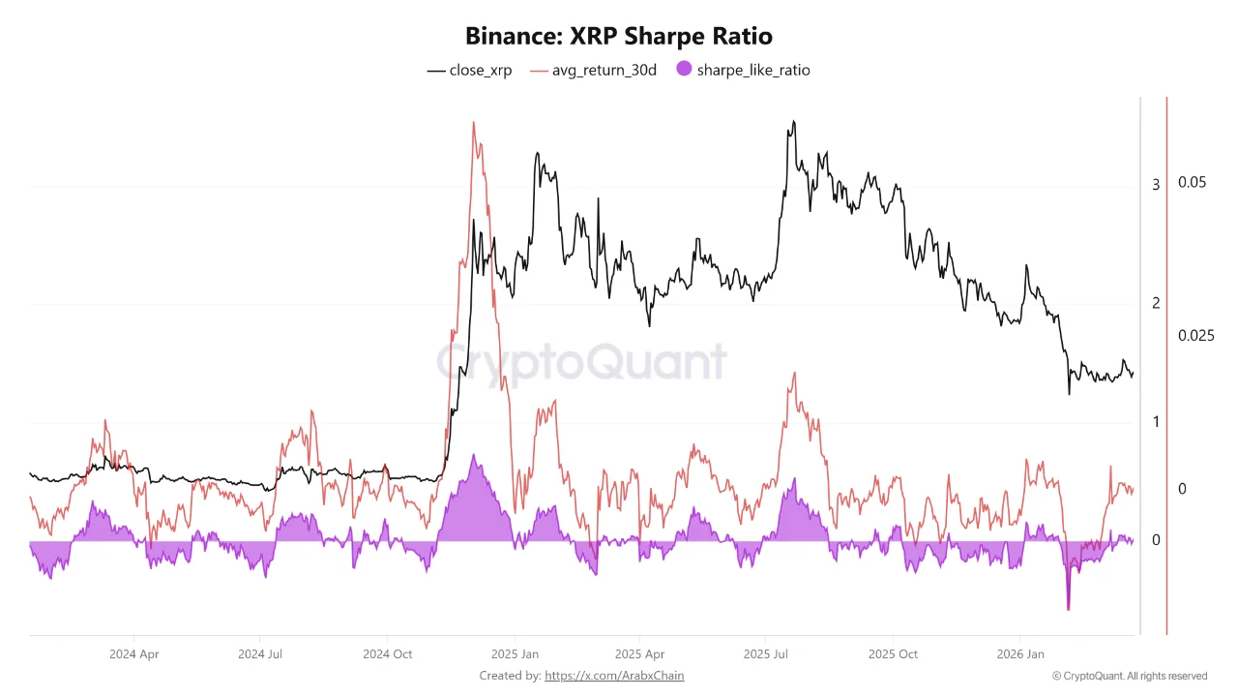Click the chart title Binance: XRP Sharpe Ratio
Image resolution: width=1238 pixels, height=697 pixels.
coord(619,37)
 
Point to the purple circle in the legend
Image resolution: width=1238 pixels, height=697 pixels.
coord(684,70)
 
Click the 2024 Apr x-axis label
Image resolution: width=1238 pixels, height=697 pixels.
coord(134,653)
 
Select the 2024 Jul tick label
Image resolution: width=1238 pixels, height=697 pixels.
coord(261,653)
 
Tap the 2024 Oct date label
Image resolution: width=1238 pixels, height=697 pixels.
coord(387,653)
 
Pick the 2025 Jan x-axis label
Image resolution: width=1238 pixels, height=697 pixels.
coord(516,653)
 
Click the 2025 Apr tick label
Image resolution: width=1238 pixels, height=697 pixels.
coord(640,653)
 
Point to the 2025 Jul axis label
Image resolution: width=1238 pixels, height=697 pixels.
coord(767,653)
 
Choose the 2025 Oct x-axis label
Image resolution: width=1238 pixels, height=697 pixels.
coord(894,653)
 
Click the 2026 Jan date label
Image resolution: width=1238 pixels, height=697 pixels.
coord(1021,653)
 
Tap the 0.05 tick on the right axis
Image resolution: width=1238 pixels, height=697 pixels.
coord(1193,182)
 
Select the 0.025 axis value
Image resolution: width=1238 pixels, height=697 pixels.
coord(1195,336)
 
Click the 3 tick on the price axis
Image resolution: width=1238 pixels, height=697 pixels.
coord(1156,184)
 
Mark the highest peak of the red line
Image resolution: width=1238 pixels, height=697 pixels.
coord(473,123)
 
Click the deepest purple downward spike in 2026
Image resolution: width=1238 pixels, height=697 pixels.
coord(1069,609)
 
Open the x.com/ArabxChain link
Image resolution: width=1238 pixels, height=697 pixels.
coord(614,676)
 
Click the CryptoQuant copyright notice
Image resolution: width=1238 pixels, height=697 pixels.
coord(1130,676)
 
